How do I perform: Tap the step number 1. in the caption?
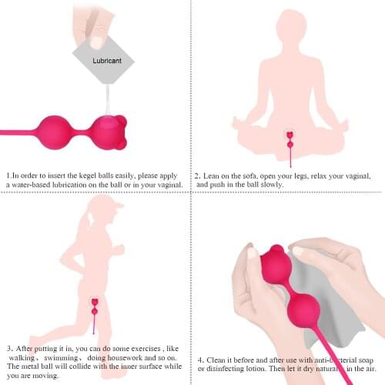coord(9,175)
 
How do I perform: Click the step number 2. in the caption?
coord(198,175)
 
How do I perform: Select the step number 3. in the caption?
coord(9,348)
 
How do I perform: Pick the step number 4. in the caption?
coord(200,359)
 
